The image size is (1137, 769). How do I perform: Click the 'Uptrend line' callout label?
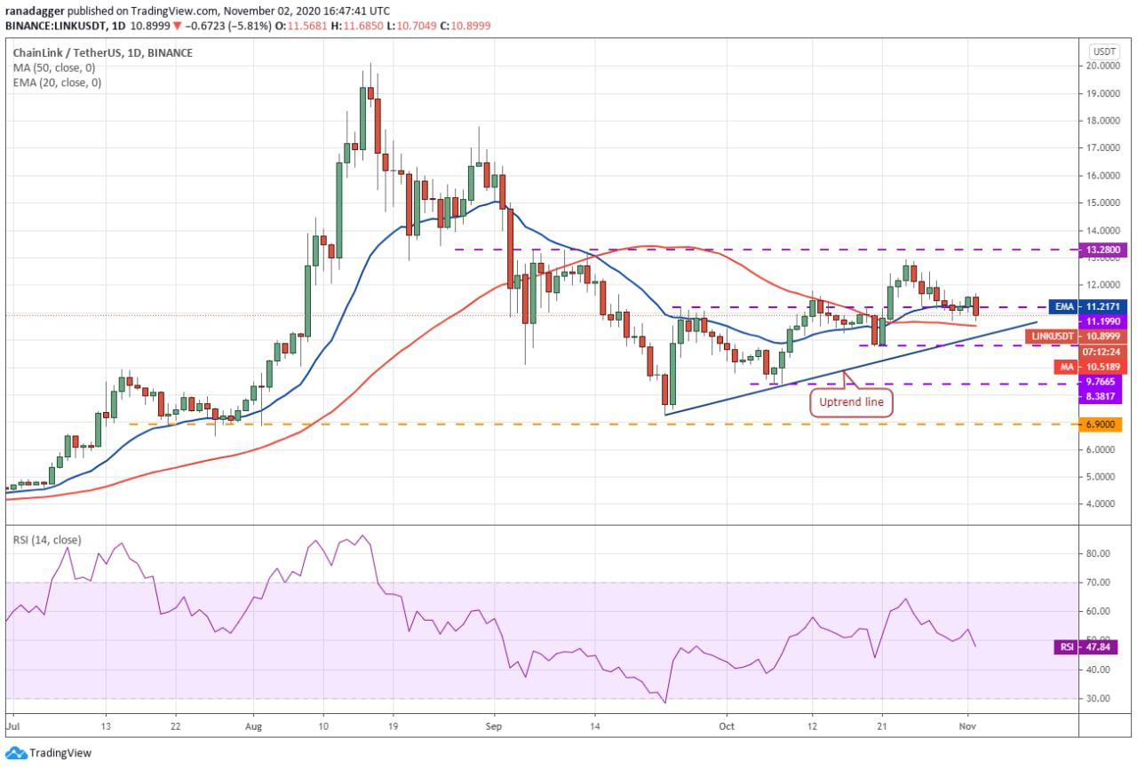(x=851, y=402)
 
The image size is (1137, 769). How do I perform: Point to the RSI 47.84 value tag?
(x=1085, y=646)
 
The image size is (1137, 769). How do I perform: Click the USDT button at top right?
(x=1104, y=52)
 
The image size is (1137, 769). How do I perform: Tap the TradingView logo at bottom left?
(x=49, y=753)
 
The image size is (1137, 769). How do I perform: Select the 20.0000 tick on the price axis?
(x=1102, y=66)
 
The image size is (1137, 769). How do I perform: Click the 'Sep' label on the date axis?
(x=493, y=726)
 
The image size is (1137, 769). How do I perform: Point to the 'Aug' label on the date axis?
(x=253, y=726)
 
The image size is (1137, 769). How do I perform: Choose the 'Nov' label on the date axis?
(x=967, y=726)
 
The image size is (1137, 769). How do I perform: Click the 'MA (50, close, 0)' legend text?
(x=54, y=68)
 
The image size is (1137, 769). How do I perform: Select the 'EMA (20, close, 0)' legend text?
(x=57, y=83)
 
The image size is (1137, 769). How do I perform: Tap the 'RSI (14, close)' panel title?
(x=47, y=540)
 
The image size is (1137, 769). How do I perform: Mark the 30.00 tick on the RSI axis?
(x=1097, y=699)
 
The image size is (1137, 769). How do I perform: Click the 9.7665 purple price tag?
(x=1101, y=382)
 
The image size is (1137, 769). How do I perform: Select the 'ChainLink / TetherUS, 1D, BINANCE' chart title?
(x=102, y=52)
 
